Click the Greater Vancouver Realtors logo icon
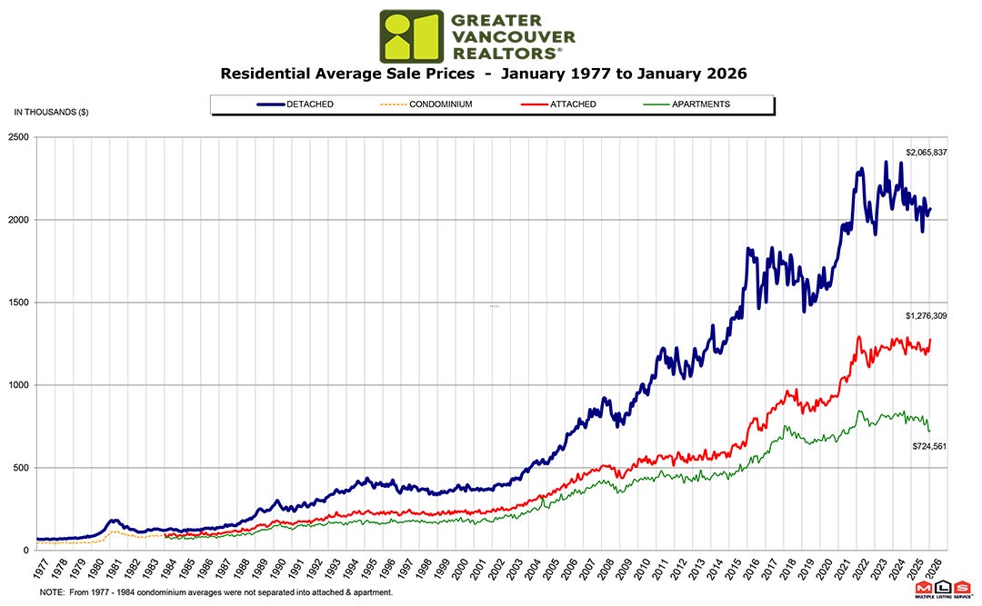coord(411,36)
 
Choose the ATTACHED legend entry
coord(573,104)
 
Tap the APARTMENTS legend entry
coord(700,104)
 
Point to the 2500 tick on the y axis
coord(19,137)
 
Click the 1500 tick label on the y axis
coord(19,303)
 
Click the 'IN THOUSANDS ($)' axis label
coord(51,112)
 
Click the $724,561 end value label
coord(930,446)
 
